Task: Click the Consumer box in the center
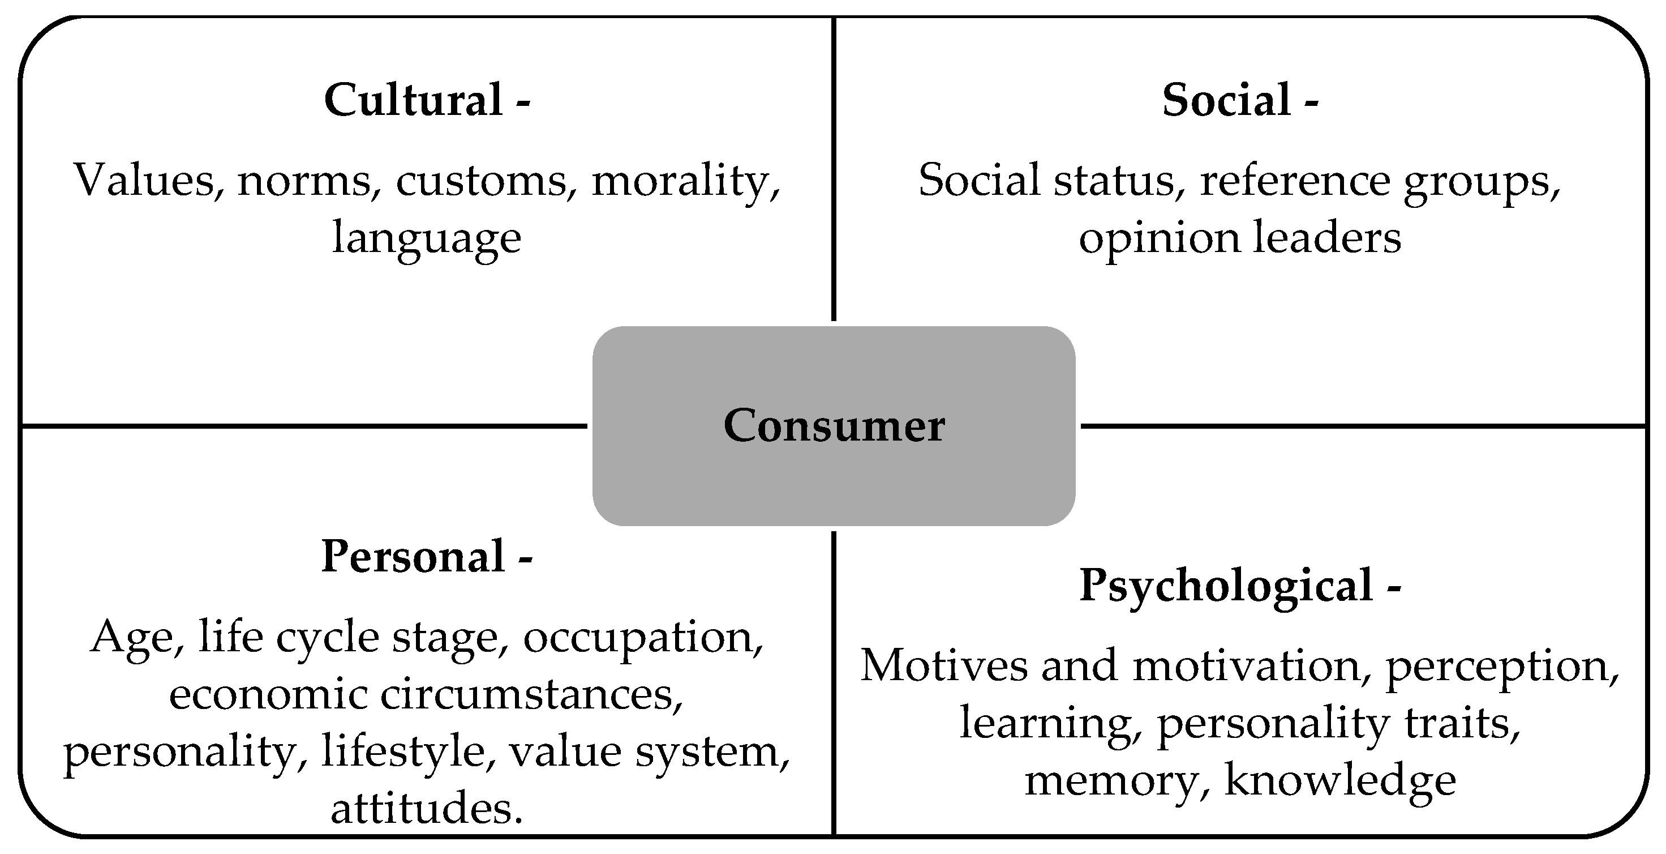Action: pos(834,426)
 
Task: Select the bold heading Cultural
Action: pos(414,100)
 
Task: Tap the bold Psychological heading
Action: pos(1226,586)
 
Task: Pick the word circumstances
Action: pos(531,695)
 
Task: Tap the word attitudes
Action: pos(426,809)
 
